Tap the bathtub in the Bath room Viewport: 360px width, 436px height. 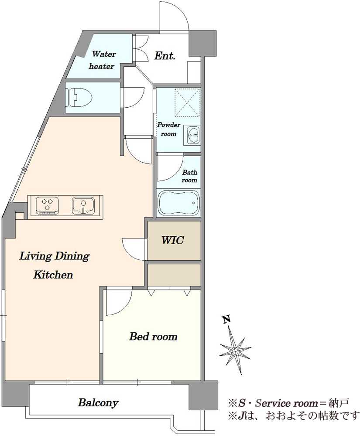click(x=178, y=203)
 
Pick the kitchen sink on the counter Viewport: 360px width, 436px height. click(x=83, y=206)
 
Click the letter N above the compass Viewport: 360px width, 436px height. click(x=227, y=319)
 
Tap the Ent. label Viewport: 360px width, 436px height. click(x=165, y=56)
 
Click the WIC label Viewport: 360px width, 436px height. click(x=173, y=240)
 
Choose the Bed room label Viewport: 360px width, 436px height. click(x=153, y=337)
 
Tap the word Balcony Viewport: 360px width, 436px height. click(x=98, y=402)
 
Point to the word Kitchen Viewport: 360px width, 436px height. click(x=53, y=275)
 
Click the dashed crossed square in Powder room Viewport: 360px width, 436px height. click(x=187, y=102)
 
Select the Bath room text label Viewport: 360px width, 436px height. click(x=189, y=176)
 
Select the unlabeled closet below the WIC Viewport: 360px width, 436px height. click(x=174, y=275)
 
